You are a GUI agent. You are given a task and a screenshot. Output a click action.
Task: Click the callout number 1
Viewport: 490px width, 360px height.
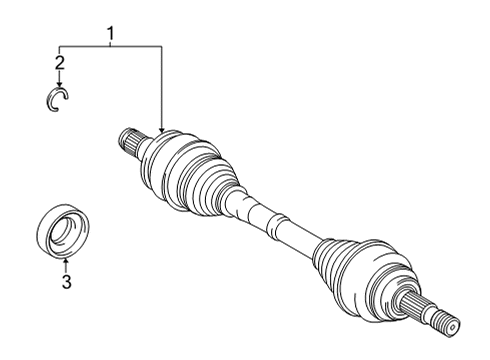111,36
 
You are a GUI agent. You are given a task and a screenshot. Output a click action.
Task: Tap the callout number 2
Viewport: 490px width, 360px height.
60,63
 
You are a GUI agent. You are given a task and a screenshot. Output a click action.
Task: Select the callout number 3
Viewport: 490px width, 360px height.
66,282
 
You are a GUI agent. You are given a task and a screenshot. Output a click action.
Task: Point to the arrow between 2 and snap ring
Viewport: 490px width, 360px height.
60,78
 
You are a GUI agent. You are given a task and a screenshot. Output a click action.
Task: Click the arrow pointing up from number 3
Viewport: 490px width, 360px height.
66,264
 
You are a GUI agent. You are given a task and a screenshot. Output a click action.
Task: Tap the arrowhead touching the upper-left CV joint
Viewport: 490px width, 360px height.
161,128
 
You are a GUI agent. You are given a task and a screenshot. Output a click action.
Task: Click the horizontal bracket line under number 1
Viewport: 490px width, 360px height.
110,46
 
